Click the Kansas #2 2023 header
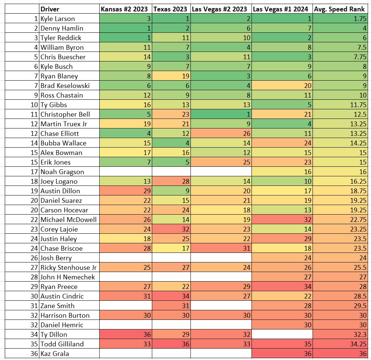125,9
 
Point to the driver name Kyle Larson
57,19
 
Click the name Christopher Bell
65,114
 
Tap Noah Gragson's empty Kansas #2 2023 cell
125,172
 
